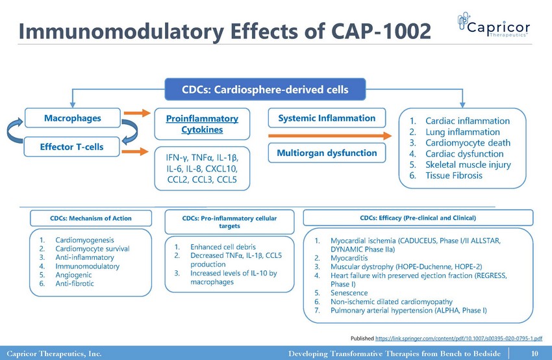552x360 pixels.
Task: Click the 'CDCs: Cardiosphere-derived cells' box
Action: coord(265,89)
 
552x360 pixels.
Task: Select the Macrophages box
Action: coord(72,118)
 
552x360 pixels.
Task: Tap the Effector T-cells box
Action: coord(72,148)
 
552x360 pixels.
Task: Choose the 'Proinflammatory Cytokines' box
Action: coord(202,124)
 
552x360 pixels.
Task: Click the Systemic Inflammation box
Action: coord(327,118)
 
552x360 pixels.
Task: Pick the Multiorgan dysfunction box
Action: coord(327,153)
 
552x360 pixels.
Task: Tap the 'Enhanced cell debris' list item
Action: coord(223,247)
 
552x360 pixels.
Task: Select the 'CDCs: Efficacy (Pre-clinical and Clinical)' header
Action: coord(418,217)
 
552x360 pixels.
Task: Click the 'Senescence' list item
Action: coord(351,293)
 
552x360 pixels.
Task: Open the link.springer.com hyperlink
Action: coord(459,339)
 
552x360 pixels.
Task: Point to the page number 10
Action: coord(535,354)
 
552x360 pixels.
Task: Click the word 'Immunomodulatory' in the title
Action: coord(120,30)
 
